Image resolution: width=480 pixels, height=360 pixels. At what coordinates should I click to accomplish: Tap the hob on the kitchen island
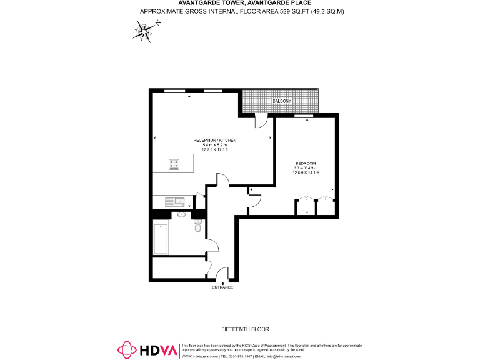tap(174, 164)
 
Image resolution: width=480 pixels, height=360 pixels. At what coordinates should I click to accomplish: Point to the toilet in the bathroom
tap(197, 227)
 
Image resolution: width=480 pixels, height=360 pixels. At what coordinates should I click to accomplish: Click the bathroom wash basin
tap(182, 214)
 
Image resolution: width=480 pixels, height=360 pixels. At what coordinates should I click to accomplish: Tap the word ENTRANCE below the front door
tap(222, 287)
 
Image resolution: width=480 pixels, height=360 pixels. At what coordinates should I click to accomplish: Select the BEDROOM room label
tap(306, 164)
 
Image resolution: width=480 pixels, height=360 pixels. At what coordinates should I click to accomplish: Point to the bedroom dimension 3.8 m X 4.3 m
tap(306, 169)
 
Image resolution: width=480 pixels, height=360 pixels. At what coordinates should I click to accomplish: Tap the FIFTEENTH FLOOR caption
tap(245, 329)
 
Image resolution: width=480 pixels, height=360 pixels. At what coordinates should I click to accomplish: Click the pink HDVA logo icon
tap(127, 350)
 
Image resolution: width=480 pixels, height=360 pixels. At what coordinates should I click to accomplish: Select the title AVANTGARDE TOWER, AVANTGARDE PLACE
tap(239, 3)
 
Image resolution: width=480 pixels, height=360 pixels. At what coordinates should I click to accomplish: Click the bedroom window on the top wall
tap(304, 116)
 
